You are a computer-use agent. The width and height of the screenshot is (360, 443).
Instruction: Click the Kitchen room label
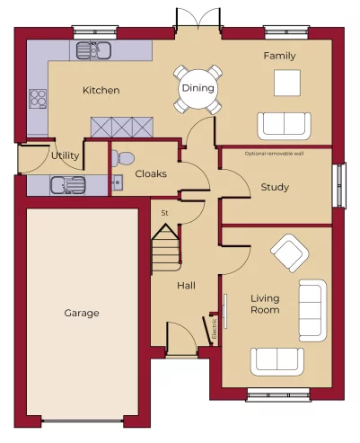tap(101, 91)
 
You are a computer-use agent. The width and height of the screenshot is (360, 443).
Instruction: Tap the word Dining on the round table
tap(197, 88)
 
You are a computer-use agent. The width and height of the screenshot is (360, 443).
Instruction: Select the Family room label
tap(279, 57)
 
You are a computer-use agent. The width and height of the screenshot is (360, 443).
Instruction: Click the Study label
tap(274, 188)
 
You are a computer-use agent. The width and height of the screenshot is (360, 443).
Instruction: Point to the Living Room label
tap(265, 304)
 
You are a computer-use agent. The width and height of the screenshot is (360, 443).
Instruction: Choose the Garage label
tap(82, 314)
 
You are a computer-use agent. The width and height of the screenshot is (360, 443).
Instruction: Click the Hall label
tap(186, 286)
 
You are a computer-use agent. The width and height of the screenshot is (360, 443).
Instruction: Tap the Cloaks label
tap(150, 173)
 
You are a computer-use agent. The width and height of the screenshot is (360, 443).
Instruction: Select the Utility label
tap(65, 155)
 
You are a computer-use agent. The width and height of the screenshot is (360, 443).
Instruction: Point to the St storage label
tap(164, 213)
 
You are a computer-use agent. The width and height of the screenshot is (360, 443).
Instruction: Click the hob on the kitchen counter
tap(38, 97)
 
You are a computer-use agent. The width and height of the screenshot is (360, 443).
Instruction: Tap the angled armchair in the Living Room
tap(290, 253)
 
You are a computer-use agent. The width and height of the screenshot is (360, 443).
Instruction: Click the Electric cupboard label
tap(215, 326)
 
